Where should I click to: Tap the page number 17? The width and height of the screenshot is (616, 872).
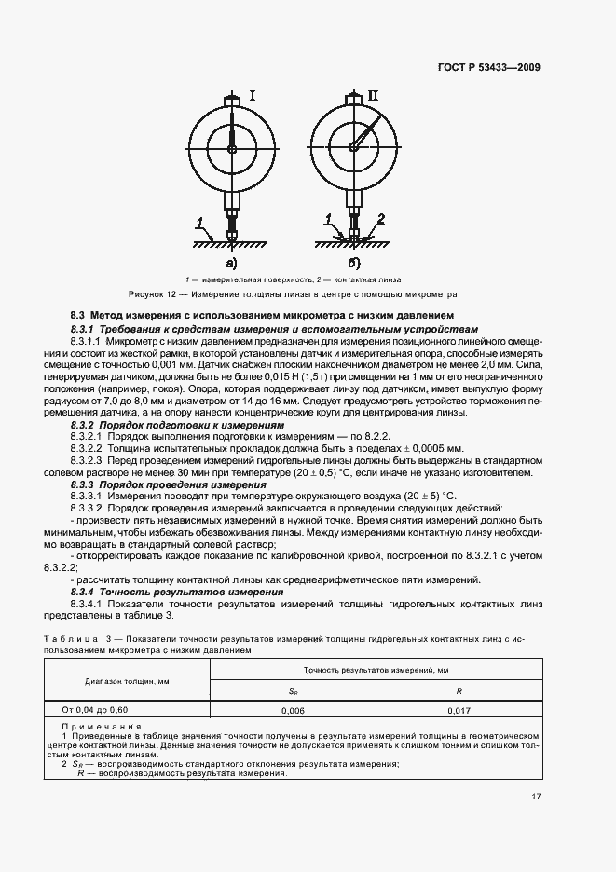tap(537, 796)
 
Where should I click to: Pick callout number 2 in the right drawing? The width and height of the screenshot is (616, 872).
tap(380, 220)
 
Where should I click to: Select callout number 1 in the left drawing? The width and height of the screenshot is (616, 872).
tap(199, 222)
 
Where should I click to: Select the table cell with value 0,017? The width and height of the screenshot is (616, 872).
tap(459, 709)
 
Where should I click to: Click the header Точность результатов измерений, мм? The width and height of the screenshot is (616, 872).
tap(376, 670)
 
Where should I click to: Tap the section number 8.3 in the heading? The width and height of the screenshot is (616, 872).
tap(78, 317)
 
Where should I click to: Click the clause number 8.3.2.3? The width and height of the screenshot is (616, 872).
tap(87, 460)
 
